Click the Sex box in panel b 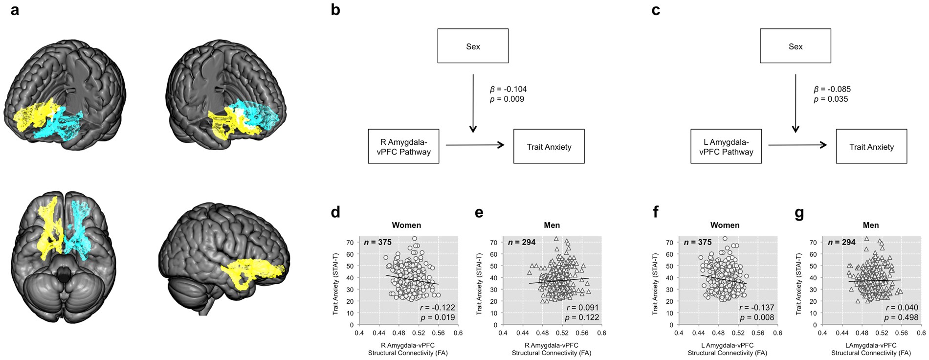[473, 46]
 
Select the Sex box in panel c [795, 46]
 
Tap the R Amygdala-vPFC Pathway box [403, 146]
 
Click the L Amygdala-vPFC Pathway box [726, 146]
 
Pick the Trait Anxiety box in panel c [871, 146]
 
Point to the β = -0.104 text [508, 89]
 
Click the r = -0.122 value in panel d [437, 308]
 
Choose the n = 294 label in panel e [522, 242]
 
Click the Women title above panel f [725, 225]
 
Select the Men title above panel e [552, 225]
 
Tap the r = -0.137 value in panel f [756, 308]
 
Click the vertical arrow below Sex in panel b [473, 103]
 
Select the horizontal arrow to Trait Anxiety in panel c [797, 145]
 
